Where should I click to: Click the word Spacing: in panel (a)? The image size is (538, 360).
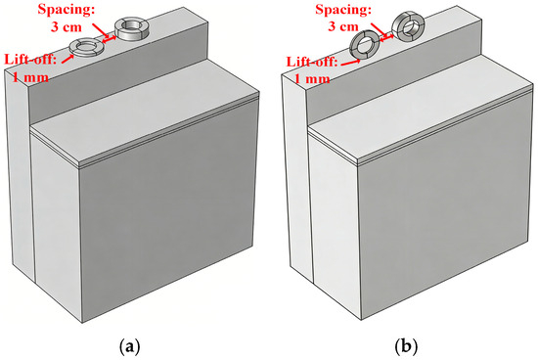coord(67,9)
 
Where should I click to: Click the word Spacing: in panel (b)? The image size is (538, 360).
coord(343,9)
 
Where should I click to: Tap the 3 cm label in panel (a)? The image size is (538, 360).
coord(67,26)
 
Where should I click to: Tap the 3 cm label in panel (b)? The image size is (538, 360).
coord(343,26)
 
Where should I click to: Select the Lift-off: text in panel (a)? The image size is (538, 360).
coord(30,60)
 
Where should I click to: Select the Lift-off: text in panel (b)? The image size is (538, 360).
coord(312,62)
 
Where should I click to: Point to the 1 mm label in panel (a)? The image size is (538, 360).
coord(30,77)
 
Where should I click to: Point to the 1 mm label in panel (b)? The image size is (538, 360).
coord(312,79)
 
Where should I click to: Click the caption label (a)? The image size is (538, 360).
coord(129,346)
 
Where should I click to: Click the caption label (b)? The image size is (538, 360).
coord(406,346)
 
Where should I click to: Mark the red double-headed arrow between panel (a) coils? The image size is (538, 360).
coord(110,39)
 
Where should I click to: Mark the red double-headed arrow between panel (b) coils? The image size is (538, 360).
coord(385,36)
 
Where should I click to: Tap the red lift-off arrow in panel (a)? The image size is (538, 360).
coord(68,59)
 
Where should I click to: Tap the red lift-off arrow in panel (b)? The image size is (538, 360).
coord(350,63)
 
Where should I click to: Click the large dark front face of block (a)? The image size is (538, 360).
coord(169,209)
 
